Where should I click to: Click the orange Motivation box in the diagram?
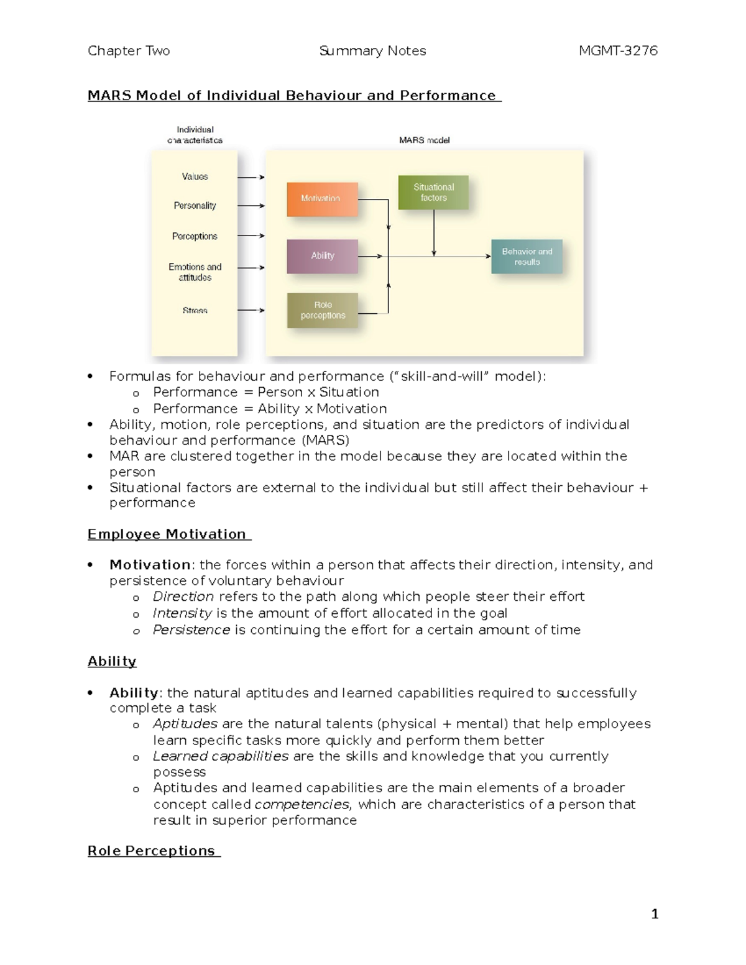pos(322,199)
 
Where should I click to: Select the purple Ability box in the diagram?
pos(322,256)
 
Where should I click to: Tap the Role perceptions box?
pos(322,310)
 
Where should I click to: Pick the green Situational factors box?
pos(433,193)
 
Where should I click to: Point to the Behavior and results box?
pos(527,257)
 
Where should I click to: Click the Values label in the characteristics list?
pos(195,177)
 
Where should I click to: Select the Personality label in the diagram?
pos(195,206)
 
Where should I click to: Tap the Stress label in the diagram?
pos(195,311)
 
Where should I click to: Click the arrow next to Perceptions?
pos(251,236)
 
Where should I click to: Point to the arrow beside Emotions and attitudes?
pos(251,268)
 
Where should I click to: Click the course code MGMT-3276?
pos(618,51)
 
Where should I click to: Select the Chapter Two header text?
pos(129,51)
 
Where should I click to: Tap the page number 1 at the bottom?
pos(655,914)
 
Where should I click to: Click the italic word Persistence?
pos(191,630)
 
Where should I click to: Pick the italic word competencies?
pos(302,805)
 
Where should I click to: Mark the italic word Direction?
pos(183,597)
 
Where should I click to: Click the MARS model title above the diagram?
pos(424,140)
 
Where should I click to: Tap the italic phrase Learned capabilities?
pos(221,756)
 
